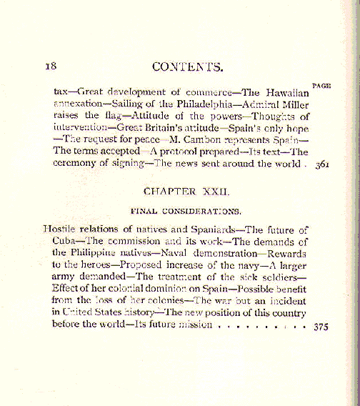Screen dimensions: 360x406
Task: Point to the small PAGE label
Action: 321,85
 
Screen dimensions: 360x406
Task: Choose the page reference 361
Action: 321,163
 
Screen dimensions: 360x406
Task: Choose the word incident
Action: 289,301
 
